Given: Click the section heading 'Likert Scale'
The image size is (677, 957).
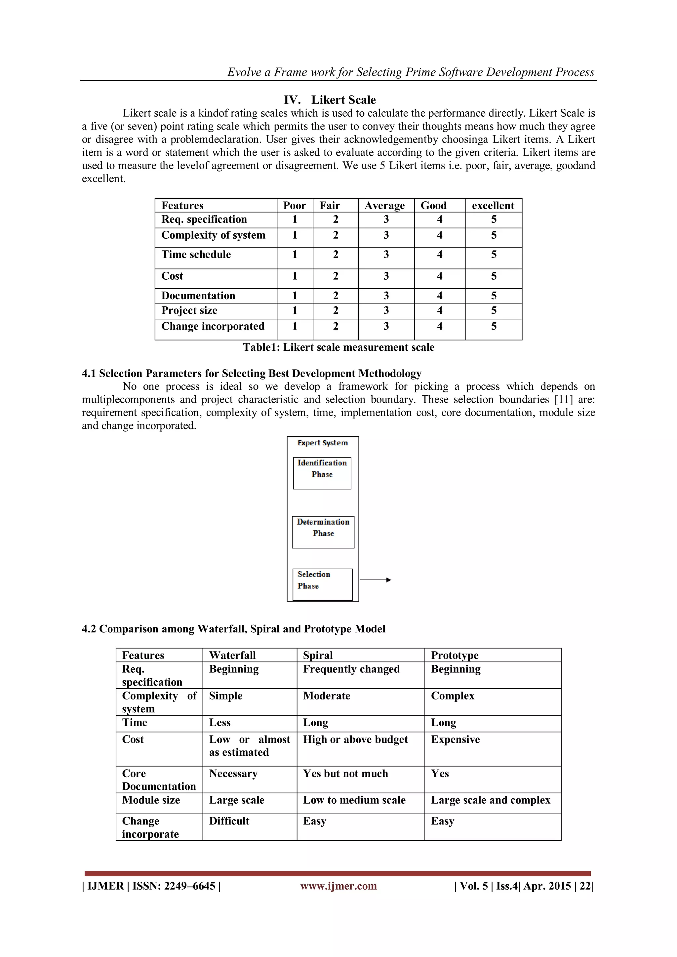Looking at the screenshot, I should point(343,100).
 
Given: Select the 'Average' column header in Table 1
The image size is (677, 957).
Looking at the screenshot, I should point(384,206).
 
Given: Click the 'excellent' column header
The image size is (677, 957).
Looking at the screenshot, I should point(493,206).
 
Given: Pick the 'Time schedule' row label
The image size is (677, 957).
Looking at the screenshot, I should point(196,255).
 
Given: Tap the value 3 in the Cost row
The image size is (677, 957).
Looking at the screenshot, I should point(386,276).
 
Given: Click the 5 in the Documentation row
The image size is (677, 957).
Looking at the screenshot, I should point(494,296).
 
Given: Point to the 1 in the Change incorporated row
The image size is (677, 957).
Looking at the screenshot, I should point(295,326).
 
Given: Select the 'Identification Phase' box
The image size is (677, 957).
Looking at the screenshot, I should point(322,473).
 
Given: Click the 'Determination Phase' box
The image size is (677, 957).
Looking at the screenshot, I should point(323,532).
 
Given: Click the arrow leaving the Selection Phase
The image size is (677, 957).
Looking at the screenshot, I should point(375,580).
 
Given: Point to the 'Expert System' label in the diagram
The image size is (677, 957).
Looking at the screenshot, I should point(322,443).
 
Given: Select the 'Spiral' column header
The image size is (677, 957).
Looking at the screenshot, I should point(318,656).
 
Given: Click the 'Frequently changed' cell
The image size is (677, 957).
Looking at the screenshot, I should point(351,669).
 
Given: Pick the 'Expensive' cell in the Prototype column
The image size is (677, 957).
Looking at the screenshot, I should point(455,739).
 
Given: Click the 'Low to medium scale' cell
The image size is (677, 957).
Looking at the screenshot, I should point(354,800).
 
